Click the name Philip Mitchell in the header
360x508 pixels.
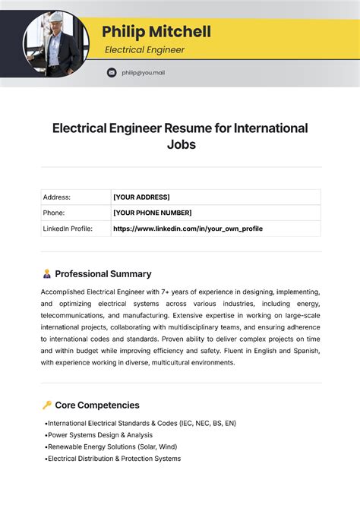tap(156, 32)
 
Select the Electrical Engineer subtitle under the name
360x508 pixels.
tap(144, 50)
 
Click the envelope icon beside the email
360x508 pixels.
tap(112, 73)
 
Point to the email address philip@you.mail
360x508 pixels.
tap(143, 73)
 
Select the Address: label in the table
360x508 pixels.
tap(57, 197)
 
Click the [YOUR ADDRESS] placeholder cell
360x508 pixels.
tap(141, 197)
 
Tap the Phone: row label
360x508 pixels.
tap(54, 213)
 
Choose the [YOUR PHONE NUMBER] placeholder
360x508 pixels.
tap(152, 213)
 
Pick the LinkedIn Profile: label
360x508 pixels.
tap(68, 229)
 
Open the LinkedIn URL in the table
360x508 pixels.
tap(188, 229)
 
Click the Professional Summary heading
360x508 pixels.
tap(103, 274)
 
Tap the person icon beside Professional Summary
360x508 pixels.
tap(46, 274)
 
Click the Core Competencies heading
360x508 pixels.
tap(97, 405)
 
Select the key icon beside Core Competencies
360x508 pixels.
tap(46, 405)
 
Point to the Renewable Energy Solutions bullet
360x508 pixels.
tap(114, 447)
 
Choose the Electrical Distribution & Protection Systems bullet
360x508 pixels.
tap(114, 459)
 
